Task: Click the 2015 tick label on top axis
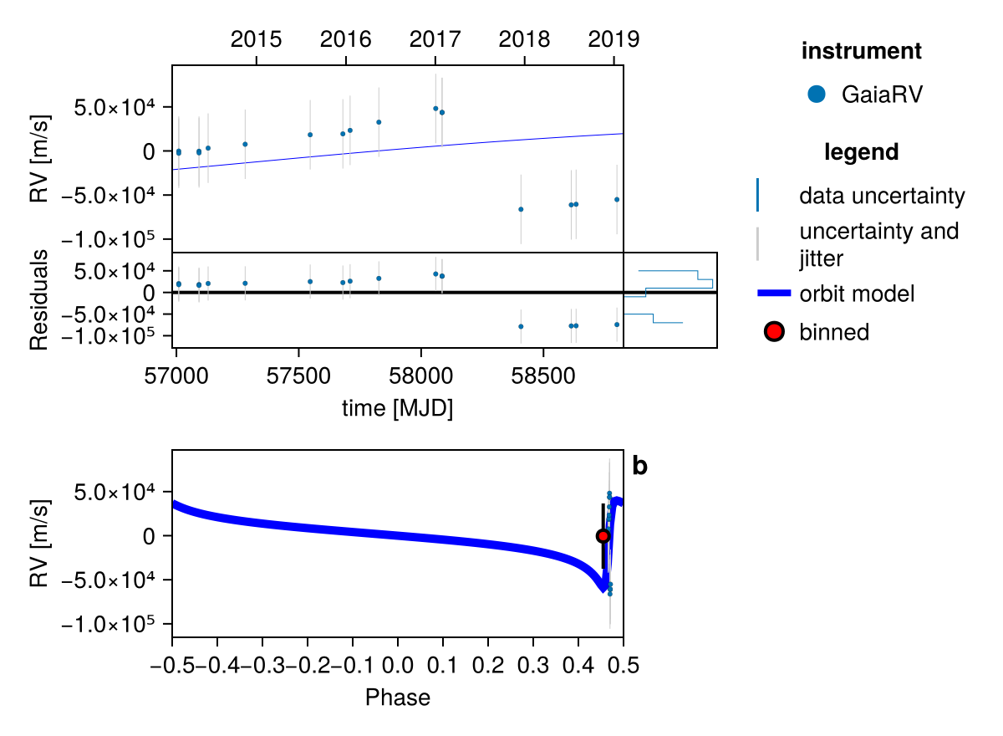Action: coord(257,39)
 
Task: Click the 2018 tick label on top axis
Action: coord(524,39)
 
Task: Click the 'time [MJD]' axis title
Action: coord(397,408)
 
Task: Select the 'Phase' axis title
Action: coord(397,697)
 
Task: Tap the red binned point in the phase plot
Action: coord(603,535)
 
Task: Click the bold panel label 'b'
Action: coord(640,467)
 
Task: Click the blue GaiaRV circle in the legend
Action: coord(817,95)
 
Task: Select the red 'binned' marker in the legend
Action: coord(774,332)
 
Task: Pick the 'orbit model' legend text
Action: coord(857,294)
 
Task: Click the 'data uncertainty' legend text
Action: coord(882,197)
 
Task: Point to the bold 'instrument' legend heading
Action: coord(861,51)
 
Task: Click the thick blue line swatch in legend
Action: coord(773,294)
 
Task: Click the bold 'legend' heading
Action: coord(861,152)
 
